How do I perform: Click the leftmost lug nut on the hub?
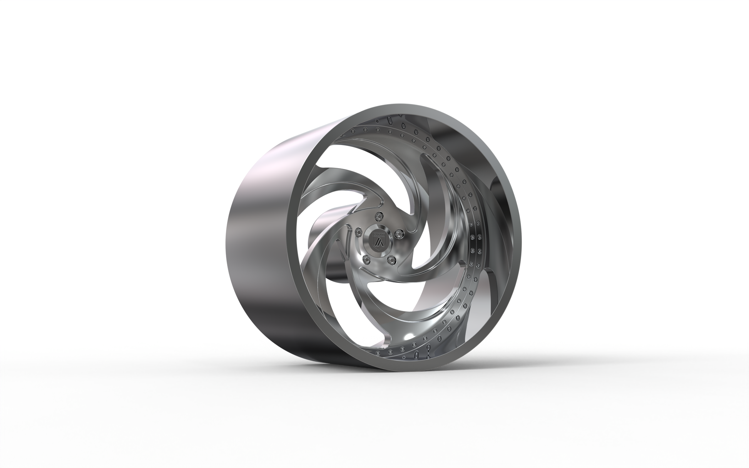point(359,232)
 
